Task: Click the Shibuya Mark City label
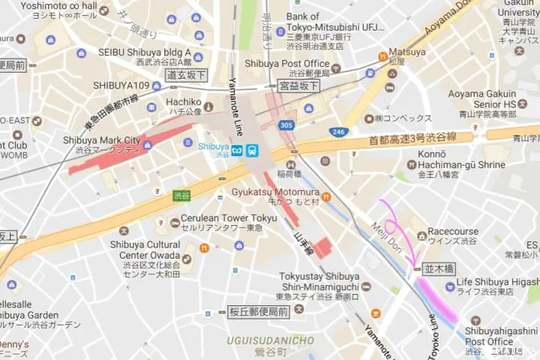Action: coord(101,139)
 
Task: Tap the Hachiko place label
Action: coord(184,102)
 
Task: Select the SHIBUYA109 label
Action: coord(121,85)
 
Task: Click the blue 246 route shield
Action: coord(337,132)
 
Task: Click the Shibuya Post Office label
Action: coord(286,64)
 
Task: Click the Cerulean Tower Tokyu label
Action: coord(228,217)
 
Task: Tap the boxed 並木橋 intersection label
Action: coord(439,268)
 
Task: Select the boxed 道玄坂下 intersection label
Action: coord(186,75)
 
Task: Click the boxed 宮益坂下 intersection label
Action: coord(298,86)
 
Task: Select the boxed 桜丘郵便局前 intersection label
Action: coord(258,311)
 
